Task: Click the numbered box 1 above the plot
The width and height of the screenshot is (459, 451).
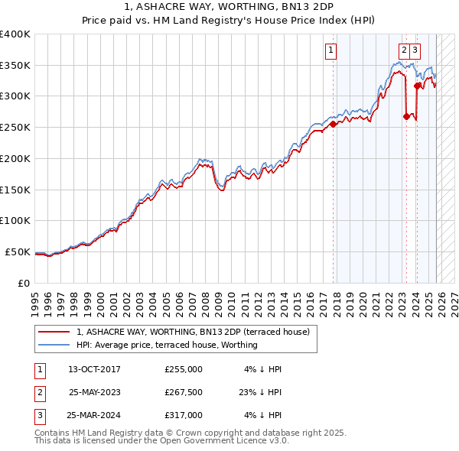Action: (331, 51)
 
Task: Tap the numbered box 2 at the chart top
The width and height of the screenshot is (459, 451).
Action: (403, 51)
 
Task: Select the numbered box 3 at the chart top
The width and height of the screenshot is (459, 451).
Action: (415, 51)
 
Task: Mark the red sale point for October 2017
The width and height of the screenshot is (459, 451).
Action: (333, 124)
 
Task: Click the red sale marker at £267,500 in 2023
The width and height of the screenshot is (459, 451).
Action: (405, 116)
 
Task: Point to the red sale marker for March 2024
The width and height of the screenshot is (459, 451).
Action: (416, 86)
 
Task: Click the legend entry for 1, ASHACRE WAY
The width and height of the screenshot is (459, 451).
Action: (193, 333)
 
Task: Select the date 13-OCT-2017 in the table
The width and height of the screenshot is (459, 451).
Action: (94, 369)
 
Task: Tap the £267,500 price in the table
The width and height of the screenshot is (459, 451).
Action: (183, 392)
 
